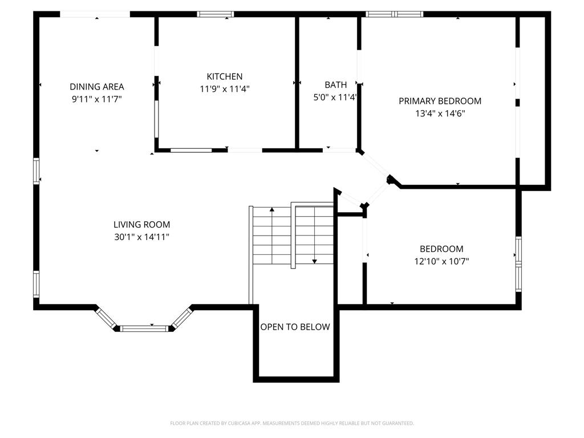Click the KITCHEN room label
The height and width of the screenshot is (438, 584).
[225, 76]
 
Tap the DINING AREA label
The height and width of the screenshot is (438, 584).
[97, 87]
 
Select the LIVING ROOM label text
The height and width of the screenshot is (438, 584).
[141, 224]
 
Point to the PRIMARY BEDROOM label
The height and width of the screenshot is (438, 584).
[440, 101]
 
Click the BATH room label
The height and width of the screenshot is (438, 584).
[335, 85]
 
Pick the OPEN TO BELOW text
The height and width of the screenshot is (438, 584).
[295, 327]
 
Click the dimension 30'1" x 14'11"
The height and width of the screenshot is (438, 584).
[141, 237]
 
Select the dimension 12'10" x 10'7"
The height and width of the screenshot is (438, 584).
[441, 261]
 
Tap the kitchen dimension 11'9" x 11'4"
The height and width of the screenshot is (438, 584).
[225, 89]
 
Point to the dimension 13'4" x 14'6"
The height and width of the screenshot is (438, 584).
[440, 113]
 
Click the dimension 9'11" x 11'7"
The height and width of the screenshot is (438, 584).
[97, 99]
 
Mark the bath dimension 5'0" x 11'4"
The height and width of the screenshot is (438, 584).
[335, 98]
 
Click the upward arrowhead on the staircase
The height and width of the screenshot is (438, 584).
[272, 210]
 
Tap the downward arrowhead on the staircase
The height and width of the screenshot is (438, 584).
[314, 261]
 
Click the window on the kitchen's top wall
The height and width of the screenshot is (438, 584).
[216, 14]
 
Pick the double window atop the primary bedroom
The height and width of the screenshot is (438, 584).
[395, 14]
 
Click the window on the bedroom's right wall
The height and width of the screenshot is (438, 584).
[518, 264]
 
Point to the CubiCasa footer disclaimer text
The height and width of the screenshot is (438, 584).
[292, 424]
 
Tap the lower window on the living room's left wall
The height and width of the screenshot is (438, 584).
[36, 284]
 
